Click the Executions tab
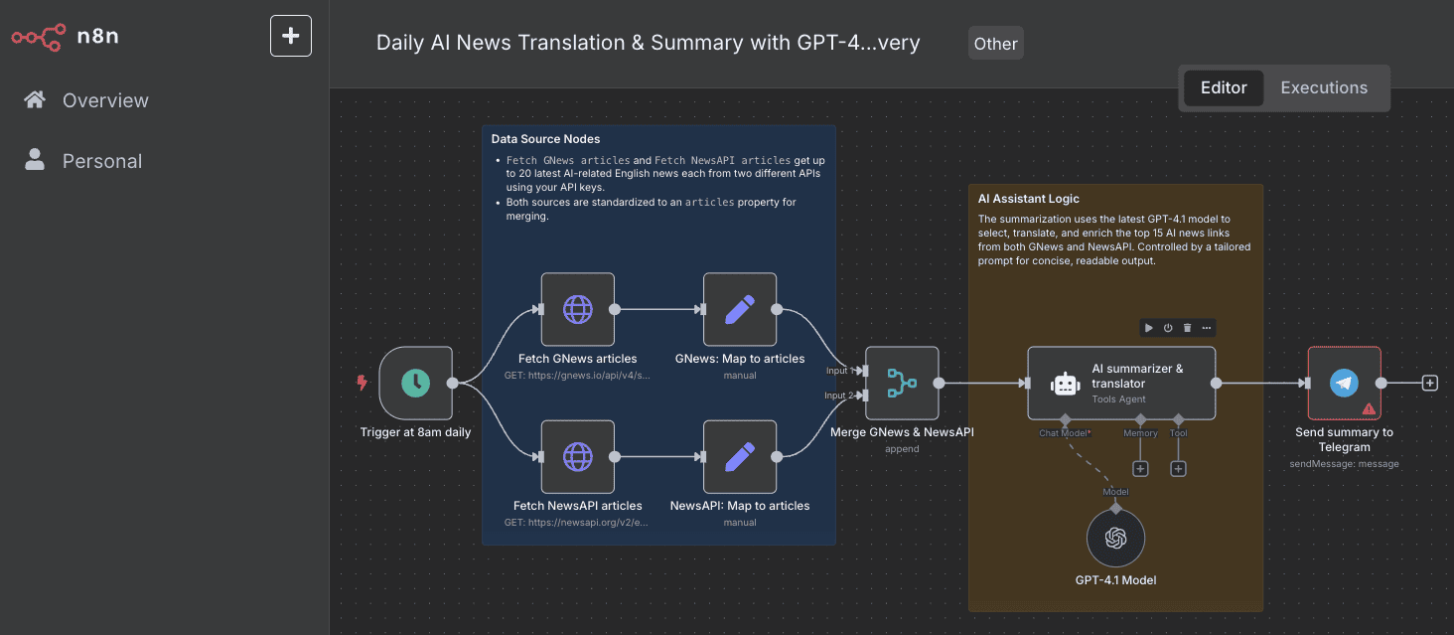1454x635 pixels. tap(1324, 87)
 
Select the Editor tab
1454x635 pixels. tap(1224, 87)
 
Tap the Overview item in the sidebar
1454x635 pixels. tap(105, 100)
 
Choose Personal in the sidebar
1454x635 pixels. tap(101, 161)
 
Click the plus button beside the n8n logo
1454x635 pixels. tap(291, 36)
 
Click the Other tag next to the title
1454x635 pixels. tap(995, 44)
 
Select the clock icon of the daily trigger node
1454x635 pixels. tap(415, 383)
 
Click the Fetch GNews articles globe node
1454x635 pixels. tap(577, 309)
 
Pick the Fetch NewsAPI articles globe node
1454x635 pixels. tap(577, 456)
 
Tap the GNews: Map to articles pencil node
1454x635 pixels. tap(739, 309)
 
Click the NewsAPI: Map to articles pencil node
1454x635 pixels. tap(739, 456)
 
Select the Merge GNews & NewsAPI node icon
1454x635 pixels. tap(902, 383)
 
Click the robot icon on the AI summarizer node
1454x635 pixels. tap(1065, 384)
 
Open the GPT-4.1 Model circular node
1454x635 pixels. tap(1115, 538)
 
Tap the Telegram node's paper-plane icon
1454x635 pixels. tap(1344, 383)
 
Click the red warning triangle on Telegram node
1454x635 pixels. tap(1369, 408)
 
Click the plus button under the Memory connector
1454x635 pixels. tap(1140, 469)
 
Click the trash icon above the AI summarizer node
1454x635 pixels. tap(1187, 328)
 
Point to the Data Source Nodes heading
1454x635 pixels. tap(545, 139)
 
